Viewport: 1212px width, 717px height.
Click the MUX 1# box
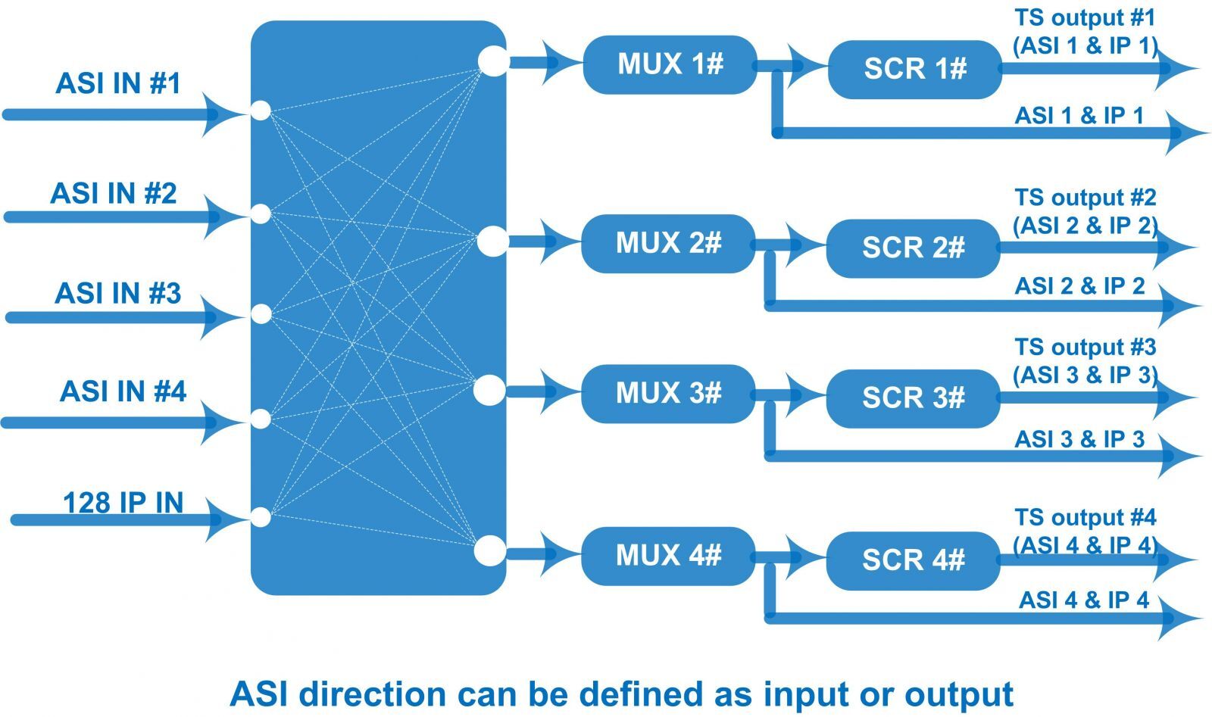tap(670, 64)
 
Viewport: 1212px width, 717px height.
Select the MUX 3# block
tap(668, 393)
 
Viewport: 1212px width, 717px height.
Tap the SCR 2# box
tap(913, 248)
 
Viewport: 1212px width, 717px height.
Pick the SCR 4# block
tap(913, 560)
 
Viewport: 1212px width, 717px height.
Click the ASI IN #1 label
tap(118, 83)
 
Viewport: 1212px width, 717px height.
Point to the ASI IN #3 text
tap(118, 293)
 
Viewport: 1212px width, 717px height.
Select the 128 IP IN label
tap(123, 503)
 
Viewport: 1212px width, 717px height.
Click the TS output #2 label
tap(1085, 198)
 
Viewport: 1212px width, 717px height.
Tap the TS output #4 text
tap(1085, 518)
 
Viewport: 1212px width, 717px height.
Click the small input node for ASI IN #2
tap(260, 214)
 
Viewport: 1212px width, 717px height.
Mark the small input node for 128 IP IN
tap(260, 518)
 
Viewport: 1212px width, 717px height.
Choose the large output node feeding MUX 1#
tap(493, 61)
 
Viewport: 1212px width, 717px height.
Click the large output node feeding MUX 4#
tap(489, 550)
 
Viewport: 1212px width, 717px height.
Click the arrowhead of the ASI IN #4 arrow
tap(220, 420)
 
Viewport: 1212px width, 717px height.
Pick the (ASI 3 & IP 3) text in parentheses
tap(1085, 375)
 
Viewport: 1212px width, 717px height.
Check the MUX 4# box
tap(668, 556)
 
